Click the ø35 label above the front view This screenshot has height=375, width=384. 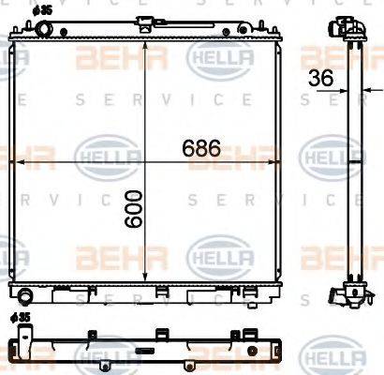[x=42, y=10]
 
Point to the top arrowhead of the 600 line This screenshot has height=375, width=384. [x=144, y=44]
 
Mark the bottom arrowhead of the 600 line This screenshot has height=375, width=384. [x=144, y=277]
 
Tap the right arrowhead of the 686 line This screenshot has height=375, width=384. [x=282, y=163]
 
